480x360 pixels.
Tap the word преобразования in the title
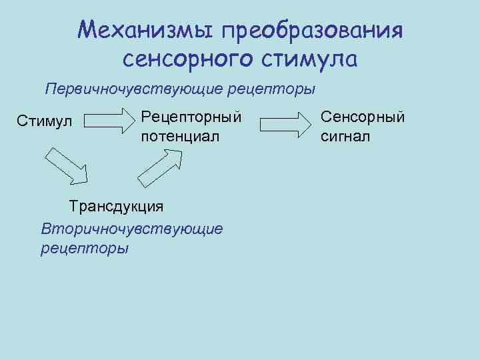coord(313,31)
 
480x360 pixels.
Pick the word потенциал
coord(180,136)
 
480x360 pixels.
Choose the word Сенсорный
coord(363,117)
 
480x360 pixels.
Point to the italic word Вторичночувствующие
coord(132,228)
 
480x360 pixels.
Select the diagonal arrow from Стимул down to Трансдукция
coord(67,167)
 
